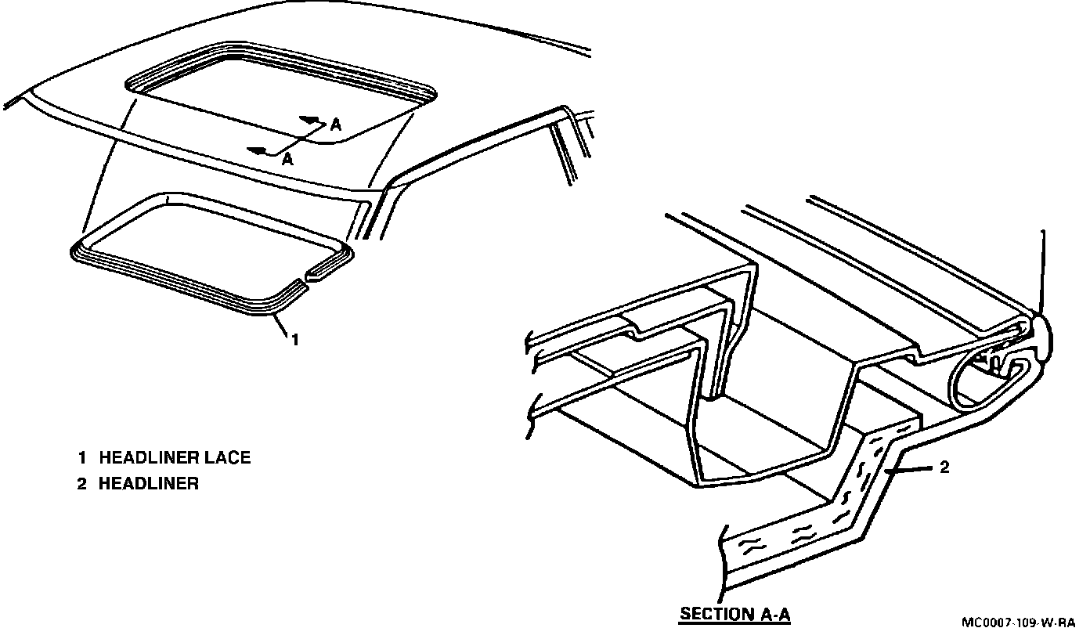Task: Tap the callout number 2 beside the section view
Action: (944, 467)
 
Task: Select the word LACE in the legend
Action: (227, 457)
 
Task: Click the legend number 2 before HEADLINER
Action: (81, 484)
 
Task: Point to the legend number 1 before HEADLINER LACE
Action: (81, 457)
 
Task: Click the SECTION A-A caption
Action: (734, 613)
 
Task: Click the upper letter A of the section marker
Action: (336, 124)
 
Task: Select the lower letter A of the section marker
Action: (287, 159)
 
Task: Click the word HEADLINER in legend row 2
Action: (148, 484)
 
